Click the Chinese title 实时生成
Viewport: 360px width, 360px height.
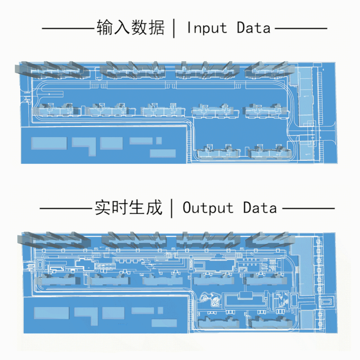click(x=128, y=208)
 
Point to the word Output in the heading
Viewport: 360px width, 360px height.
click(x=208, y=208)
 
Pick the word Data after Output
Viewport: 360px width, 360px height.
click(x=260, y=208)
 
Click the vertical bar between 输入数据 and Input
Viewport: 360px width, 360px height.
click(x=174, y=28)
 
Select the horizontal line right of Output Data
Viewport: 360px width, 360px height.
click(x=308, y=209)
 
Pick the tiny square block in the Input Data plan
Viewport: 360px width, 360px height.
click(x=159, y=141)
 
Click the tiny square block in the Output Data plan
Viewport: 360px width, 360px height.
click(x=160, y=310)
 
